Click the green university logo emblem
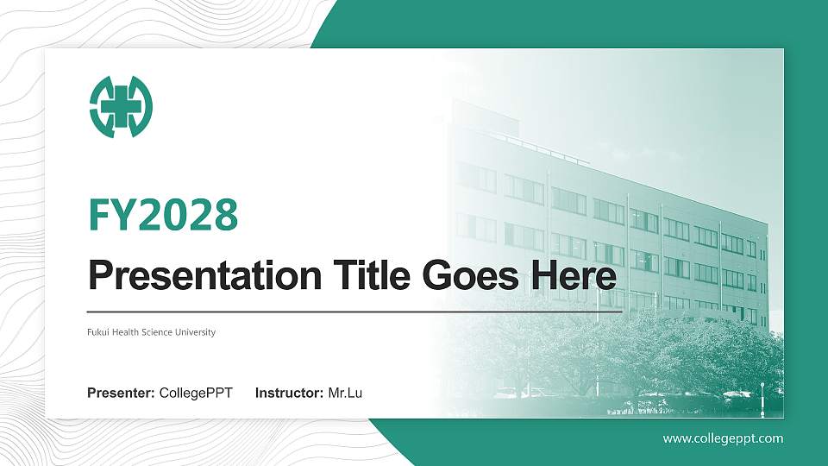121,107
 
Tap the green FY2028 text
163,215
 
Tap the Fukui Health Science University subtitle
151,332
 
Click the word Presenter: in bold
121,394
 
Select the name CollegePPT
196,394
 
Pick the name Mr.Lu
345,394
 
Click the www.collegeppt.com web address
723,438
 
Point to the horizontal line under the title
354,311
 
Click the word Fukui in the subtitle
97,332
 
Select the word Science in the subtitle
160,332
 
